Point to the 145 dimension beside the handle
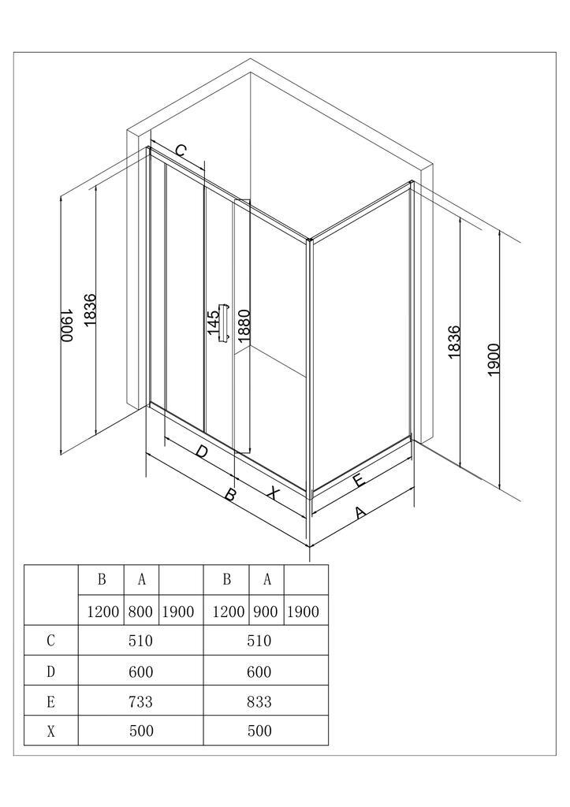213,323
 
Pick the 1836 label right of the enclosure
454,343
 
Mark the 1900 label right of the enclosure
494,359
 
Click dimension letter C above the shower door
181,151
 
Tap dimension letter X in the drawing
272,493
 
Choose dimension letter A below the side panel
360,514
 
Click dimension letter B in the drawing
230,495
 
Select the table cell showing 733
140,701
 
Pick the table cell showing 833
259,701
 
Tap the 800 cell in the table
141,612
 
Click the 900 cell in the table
266,612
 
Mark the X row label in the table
51,731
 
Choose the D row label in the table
51,671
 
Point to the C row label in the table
51,641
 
